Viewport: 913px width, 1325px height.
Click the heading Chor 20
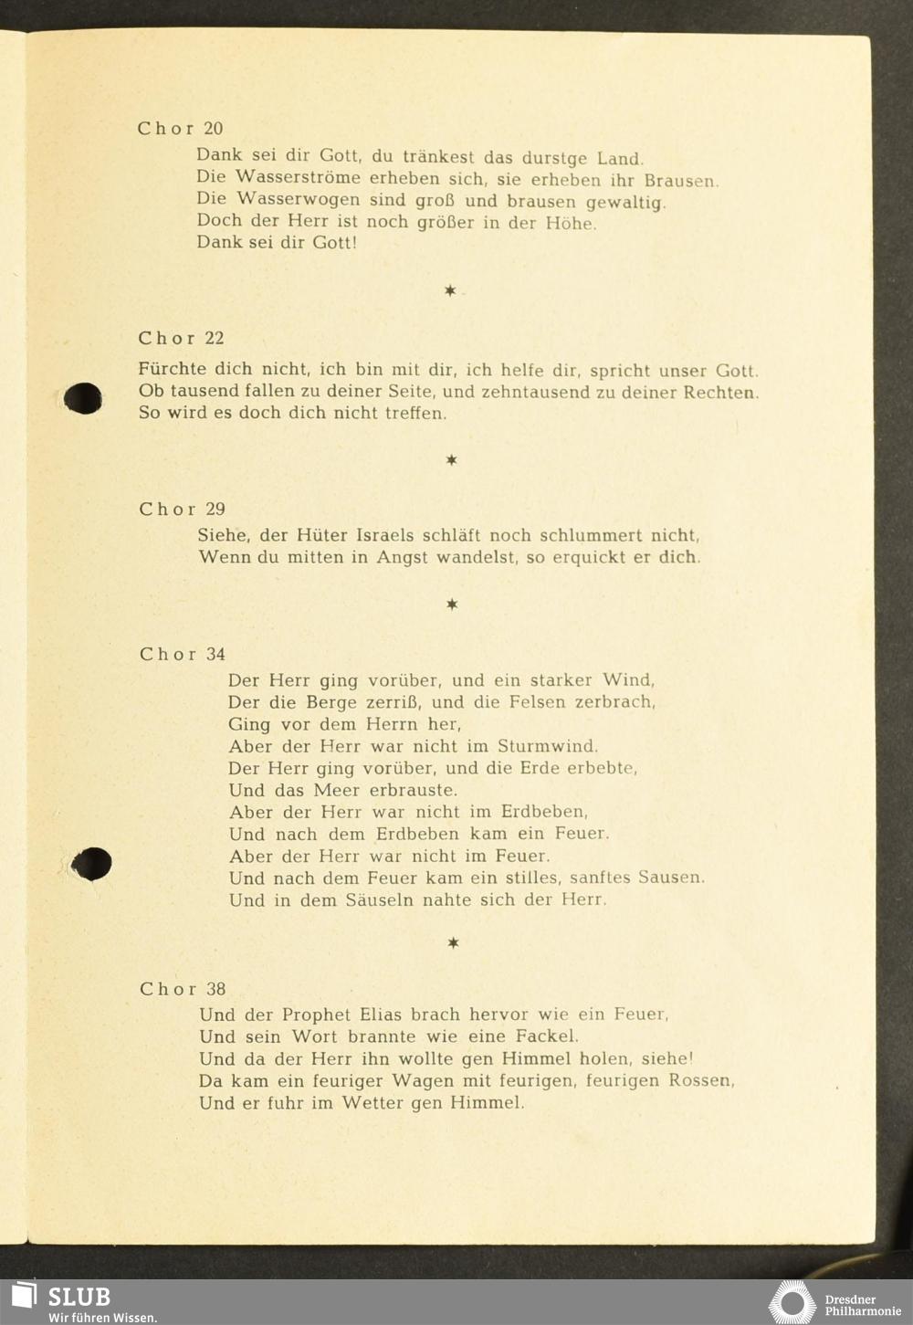[x=180, y=129]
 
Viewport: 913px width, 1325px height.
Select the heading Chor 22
[x=181, y=339]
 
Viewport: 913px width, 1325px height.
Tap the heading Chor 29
[x=182, y=510]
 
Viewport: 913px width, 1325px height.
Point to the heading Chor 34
[x=183, y=655]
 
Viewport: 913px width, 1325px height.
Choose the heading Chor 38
[x=183, y=989]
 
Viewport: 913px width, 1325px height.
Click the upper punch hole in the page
[x=83, y=397]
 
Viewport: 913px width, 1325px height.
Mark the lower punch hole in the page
[x=91, y=864]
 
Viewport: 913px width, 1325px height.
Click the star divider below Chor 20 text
[x=450, y=291]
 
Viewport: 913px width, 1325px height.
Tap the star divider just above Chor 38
[x=453, y=942]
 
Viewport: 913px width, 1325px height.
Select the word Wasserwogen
[x=298, y=200]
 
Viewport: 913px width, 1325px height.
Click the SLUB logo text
[x=79, y=1297]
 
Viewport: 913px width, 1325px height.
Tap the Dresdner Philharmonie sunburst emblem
[x=791, y=1302]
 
